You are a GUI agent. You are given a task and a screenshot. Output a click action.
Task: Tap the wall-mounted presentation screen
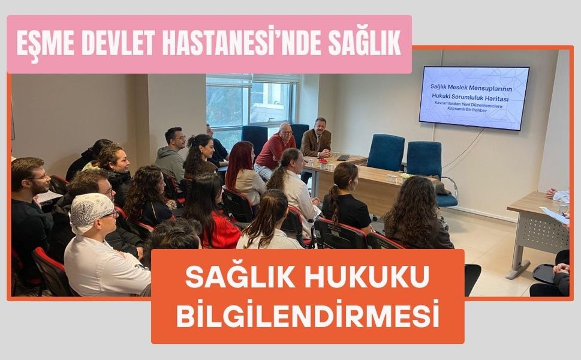474,98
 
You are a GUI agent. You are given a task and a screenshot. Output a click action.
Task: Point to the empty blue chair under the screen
386,152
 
